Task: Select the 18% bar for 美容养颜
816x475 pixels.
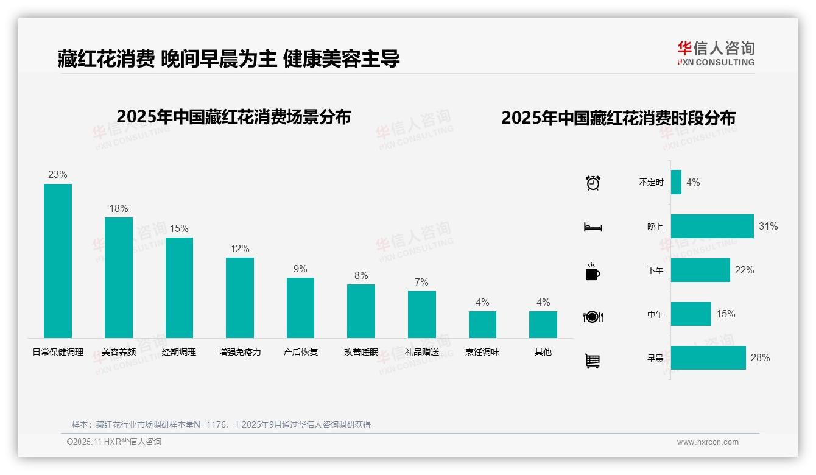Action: click(118, 278)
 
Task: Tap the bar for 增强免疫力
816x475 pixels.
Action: click(240, 298)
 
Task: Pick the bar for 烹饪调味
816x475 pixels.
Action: click(482, 325)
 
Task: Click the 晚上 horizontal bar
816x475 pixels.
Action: click(712, 227)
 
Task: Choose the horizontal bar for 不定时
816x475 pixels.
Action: click(676, 182)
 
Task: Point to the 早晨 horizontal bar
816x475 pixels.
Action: click(708, 358)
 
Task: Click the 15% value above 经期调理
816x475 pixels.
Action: click(179, 229)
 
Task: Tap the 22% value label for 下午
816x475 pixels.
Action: click(744, 270)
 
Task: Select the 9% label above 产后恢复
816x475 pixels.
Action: click(300, 269)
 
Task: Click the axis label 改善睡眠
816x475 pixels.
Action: click(361, 352)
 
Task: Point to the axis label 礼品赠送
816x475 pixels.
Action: click(422, 352)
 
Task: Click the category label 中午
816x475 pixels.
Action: click(655, 314)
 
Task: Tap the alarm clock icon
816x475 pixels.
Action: click(593, 183)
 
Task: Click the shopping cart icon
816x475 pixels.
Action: click(593, 361)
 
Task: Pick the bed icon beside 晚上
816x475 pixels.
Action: click(593, 227)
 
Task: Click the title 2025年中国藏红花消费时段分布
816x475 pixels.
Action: click(618, 118)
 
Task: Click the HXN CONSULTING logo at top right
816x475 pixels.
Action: click(716, 54)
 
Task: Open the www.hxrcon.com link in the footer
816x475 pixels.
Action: click(708, 442)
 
